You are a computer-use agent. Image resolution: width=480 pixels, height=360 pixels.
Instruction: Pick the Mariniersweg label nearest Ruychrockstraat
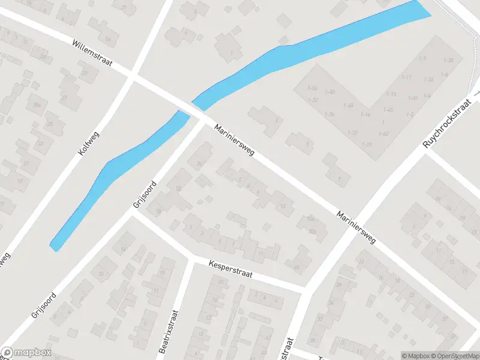356,227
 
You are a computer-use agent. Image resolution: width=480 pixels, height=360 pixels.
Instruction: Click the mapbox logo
26,353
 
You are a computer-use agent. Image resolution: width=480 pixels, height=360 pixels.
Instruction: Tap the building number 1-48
348,106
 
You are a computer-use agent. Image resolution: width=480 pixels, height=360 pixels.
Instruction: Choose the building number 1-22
313,100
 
